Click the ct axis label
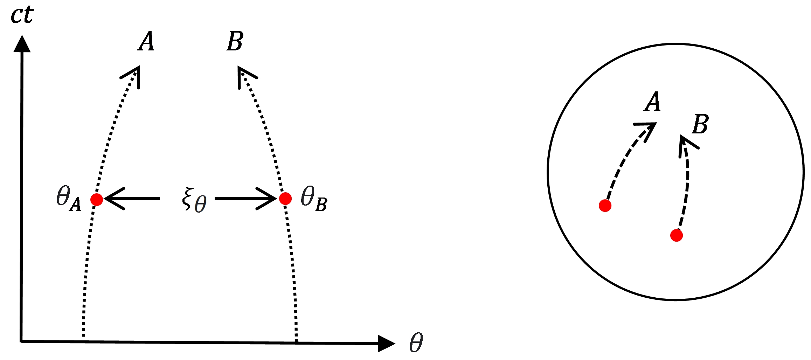pyautogui.click(x=22, y=15)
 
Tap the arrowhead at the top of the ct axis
pyautogui.click(x=22, y=44)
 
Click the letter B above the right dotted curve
pyautogui.click(x=235, y=41)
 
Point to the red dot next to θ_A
pyautogui.click(x=97, y=199)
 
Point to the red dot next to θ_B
pyautogui.click(x=285, y=199)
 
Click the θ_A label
pyautogui.click(x=69, y=199)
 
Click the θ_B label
pyautogui.click(x=314, y=199)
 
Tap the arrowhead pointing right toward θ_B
pyautogui.click(x=268, y=199)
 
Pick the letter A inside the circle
pyautogui.click(x=652, y=102)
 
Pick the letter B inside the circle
pyautogui.click(x=700, y=124)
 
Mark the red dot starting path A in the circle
pyautogui.click(x=605, y=206)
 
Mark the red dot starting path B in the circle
pyautogui.click(x=677, y=235)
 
